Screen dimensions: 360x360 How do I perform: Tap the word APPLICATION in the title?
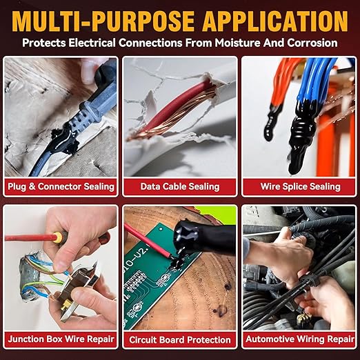(275, 21)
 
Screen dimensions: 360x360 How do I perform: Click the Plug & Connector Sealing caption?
(61, 186)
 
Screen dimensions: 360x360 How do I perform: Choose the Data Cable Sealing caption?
(180, 186)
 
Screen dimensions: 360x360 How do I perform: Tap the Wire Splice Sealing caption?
(300, 186)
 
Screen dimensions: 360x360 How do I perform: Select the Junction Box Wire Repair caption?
(61, 339)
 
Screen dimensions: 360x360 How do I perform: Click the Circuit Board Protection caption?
(180, 340)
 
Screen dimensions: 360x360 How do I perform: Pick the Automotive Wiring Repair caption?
(300, 339)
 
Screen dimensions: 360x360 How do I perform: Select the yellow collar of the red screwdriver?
(57, 237)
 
